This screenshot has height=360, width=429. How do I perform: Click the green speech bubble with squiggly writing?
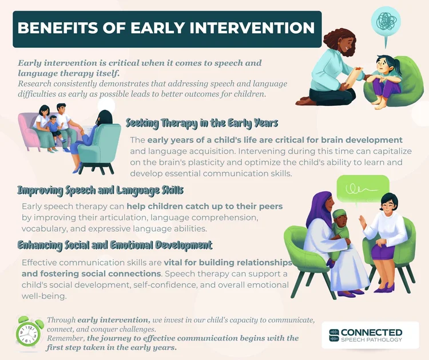click(x=363, y=188)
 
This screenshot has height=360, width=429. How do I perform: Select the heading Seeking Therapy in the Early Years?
click(x=202, y=122)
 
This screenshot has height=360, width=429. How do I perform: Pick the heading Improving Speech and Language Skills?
click(x=100, y=189)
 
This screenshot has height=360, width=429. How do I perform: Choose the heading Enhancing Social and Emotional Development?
click(x=114, y=245)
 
